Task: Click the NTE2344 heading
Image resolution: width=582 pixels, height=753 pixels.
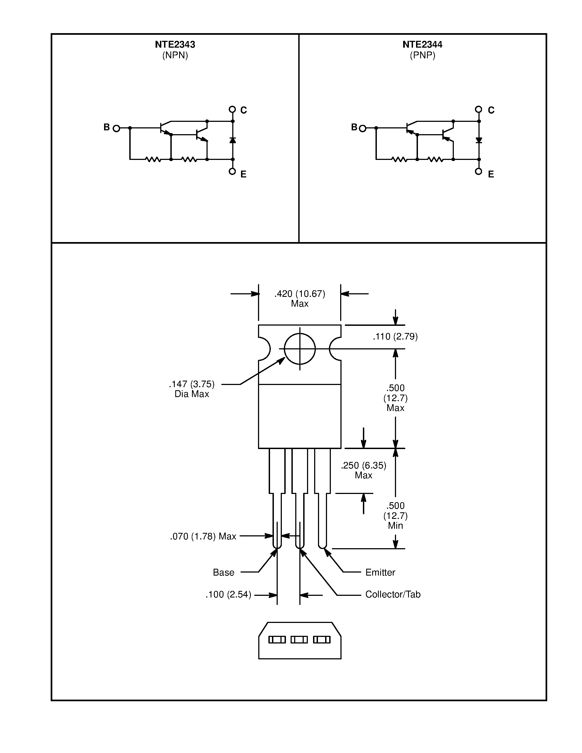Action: pos(422,44)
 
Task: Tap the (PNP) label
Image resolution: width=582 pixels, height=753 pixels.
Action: pos(422,55)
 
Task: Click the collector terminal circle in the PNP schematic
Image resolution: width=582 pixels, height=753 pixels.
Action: pos(478,109)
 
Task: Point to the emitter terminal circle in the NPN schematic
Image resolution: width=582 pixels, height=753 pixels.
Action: pos(232,171)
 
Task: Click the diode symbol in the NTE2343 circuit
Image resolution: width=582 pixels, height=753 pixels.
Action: pos(232,140)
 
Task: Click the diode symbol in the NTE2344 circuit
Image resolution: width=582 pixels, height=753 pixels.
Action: pos(478,140)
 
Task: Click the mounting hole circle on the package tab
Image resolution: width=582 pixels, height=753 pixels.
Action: pos(300,349)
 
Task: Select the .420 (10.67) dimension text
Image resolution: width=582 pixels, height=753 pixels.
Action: pos(300,294)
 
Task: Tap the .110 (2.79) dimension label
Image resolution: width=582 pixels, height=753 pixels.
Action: pos(395,337)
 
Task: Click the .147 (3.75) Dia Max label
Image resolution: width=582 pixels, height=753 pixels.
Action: pos(192,389)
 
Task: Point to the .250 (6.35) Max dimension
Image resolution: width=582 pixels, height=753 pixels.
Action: pos(363,470)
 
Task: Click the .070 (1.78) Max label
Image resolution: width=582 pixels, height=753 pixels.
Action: pos(203,536)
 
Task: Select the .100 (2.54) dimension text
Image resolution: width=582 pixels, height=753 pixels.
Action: pos(228,594)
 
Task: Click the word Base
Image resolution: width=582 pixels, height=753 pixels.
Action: pos(223,572)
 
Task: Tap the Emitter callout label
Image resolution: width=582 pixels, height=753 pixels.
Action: pos(380,572)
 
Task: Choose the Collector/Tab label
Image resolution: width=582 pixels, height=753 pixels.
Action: pos(393,594)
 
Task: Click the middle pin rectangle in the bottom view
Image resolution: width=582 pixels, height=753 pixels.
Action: pos(299,640)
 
